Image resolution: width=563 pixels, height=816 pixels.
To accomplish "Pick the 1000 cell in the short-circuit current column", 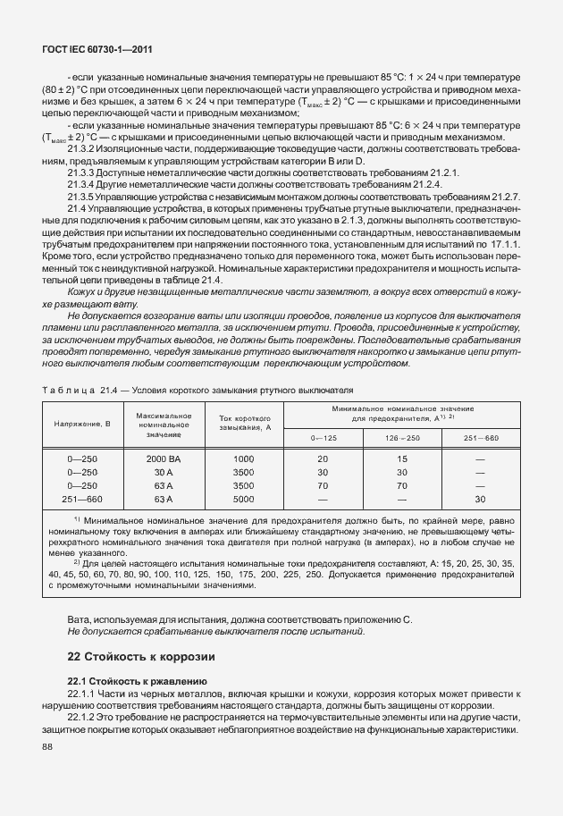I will point(244,458).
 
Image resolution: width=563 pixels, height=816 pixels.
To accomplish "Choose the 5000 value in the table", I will point(244,499).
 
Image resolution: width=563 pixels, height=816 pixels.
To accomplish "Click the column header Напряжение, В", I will point(82,423).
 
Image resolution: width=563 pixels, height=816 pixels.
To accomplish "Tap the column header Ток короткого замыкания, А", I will point(244,423).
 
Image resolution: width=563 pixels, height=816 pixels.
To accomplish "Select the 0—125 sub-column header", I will point(324,437).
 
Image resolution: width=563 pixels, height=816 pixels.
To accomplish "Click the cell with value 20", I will point(323,458).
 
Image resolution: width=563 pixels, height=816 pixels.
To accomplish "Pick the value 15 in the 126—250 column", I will point(401,458).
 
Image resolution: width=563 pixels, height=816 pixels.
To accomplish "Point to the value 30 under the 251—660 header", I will point(480,499).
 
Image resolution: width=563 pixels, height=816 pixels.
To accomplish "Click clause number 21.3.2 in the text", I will point(82,148).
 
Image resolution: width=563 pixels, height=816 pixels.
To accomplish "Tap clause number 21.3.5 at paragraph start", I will point(82,196).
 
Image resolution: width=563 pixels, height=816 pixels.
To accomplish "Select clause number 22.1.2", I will point(82,718).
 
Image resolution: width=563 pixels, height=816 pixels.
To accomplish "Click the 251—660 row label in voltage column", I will point(82,499).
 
